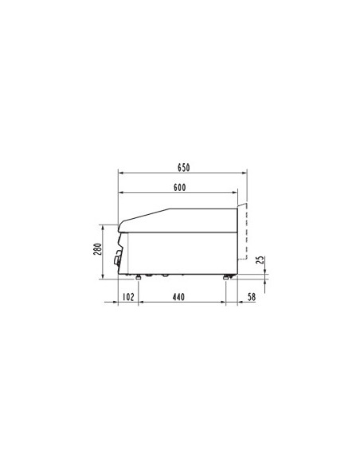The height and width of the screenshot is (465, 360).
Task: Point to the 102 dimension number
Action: point(127,297)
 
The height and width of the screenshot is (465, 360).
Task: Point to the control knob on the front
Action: point(118,256)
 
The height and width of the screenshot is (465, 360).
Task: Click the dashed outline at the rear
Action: point(247,231)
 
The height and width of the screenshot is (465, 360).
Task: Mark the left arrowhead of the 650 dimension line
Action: point(119,173)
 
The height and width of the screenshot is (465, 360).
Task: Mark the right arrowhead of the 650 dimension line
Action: point(245,173)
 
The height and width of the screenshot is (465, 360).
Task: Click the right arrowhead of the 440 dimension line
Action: point(224,303)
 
